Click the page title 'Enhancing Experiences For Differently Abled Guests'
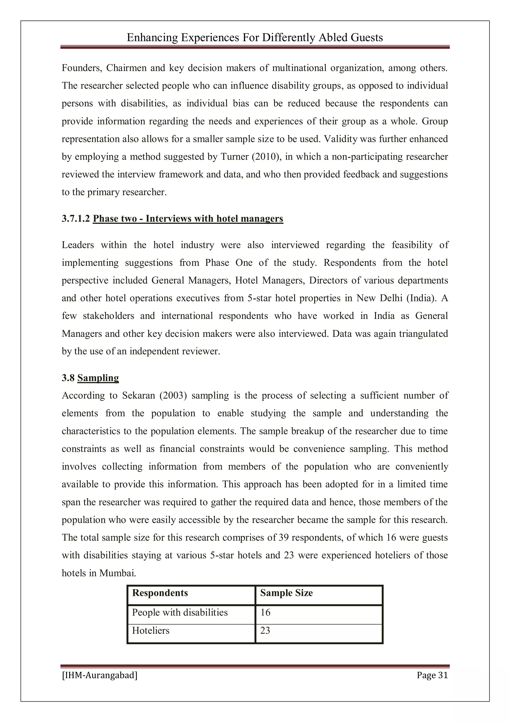click(255, 38)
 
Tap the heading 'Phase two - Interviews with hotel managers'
click(188, 219)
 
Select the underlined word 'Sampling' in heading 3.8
click(98, 378)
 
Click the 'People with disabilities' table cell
click(180, 612)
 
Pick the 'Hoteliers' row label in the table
click(150, 631)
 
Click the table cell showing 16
click(265, 612)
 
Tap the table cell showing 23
click(265, 631)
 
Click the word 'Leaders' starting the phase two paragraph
click(78, 245)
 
